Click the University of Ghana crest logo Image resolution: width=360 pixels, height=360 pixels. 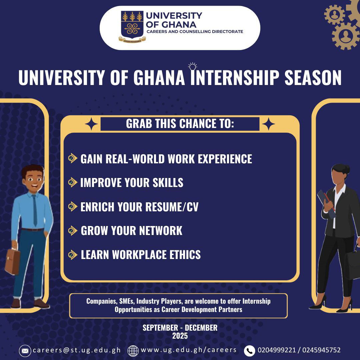132,26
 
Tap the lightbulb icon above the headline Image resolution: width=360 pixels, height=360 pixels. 192,67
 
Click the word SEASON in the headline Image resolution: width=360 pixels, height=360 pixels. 313,78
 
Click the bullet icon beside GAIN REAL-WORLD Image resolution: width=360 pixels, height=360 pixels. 73,158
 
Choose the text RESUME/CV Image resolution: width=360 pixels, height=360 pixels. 172,207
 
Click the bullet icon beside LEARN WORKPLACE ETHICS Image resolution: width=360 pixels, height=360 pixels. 73,255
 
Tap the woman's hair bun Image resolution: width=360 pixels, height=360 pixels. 346,169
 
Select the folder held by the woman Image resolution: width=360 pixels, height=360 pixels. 326,203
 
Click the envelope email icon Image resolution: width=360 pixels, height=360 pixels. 25,351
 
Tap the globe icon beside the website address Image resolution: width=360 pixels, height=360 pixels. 133,351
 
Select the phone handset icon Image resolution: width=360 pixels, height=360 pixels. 249,351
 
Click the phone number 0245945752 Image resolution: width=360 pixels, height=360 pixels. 321,350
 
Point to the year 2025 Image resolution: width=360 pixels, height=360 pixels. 180,336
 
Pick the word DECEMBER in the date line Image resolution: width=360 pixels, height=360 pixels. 201,328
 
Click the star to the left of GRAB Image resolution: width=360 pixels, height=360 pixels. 91,124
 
